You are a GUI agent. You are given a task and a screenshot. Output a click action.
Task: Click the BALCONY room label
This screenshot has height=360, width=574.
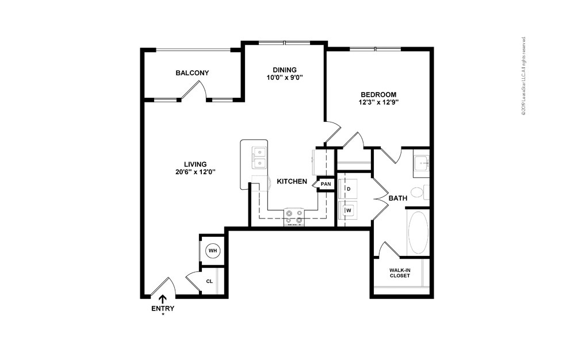tap(192, 73)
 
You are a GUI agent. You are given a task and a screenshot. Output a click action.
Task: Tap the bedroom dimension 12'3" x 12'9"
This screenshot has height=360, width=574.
tap(378, 102)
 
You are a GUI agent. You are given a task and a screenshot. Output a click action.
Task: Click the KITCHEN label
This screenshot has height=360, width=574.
tap(292, 181)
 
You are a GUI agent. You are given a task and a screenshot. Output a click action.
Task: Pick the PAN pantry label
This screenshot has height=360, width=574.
tap(326, 184)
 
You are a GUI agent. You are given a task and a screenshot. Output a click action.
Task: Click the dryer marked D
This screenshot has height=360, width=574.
tap(348, 188)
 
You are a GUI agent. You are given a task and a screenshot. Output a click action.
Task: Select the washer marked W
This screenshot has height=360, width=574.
tap(348, 210)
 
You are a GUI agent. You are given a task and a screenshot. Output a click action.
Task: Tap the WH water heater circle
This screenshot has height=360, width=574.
tap(213, 251)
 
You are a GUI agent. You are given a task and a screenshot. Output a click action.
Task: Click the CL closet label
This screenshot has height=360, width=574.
tap(209, 281)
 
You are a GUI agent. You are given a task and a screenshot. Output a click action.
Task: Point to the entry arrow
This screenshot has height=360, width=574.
tap(163, 299)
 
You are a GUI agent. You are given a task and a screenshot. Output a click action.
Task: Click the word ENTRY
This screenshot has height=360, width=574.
tap(163, 308)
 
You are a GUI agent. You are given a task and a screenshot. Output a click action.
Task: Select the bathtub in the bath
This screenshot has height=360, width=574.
tap(418, 232)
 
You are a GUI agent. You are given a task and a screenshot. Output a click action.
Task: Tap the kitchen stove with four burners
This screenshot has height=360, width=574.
tap(294, 216)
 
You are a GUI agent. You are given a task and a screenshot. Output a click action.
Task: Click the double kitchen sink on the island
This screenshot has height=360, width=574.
tap(259, 158)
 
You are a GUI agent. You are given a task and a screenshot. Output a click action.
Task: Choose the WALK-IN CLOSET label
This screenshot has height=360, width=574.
tap(400, 273)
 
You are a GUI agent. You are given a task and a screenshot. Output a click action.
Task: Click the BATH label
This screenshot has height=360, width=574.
tap(398, 198)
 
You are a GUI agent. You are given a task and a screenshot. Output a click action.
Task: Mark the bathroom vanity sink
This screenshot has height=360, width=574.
tap(422, 164)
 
